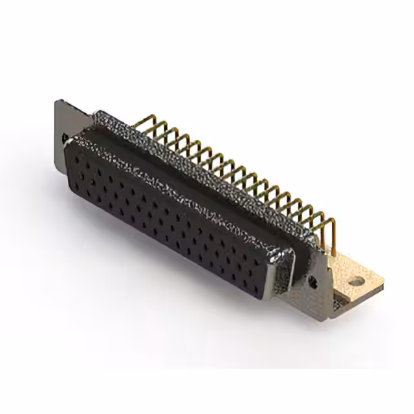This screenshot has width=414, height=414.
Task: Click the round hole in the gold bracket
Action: [x=355, y=282]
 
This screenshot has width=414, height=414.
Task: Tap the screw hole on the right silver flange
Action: [x=313, y=281]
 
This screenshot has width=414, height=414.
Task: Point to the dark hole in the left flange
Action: [x=65, y=138]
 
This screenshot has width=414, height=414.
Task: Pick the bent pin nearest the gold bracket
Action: [x=328, y=230]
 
